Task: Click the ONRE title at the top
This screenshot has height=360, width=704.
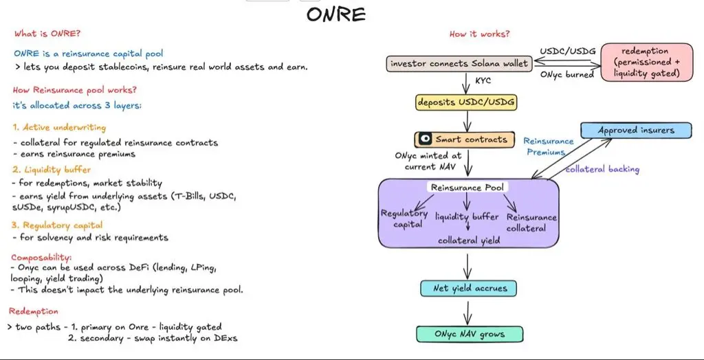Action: coord(336,14)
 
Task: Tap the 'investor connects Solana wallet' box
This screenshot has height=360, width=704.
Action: coord(459,64)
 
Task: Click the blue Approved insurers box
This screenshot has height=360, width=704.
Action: coord(636,130)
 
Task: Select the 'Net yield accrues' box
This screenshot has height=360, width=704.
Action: coord(468,289)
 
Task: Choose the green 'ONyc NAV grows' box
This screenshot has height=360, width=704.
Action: coord(469,335)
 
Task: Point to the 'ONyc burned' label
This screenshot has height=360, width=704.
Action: coord(566,74)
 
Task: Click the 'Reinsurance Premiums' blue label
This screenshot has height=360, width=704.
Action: coord(548,146)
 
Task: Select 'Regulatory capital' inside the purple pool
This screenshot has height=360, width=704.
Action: coord(404,218)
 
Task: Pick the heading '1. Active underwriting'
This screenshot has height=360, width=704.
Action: coord(59,127)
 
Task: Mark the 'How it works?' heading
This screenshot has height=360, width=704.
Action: coord(479,34)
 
